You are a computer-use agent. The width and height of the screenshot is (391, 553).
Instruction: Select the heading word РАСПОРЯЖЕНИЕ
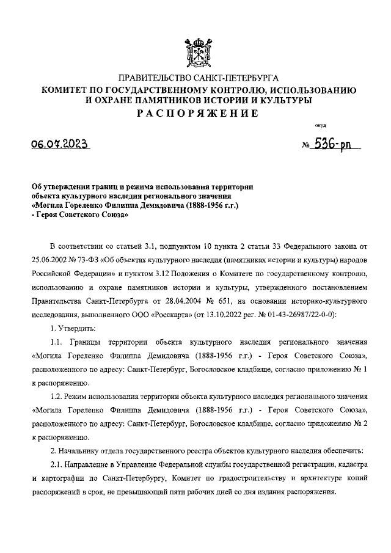tap(195, 114)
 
